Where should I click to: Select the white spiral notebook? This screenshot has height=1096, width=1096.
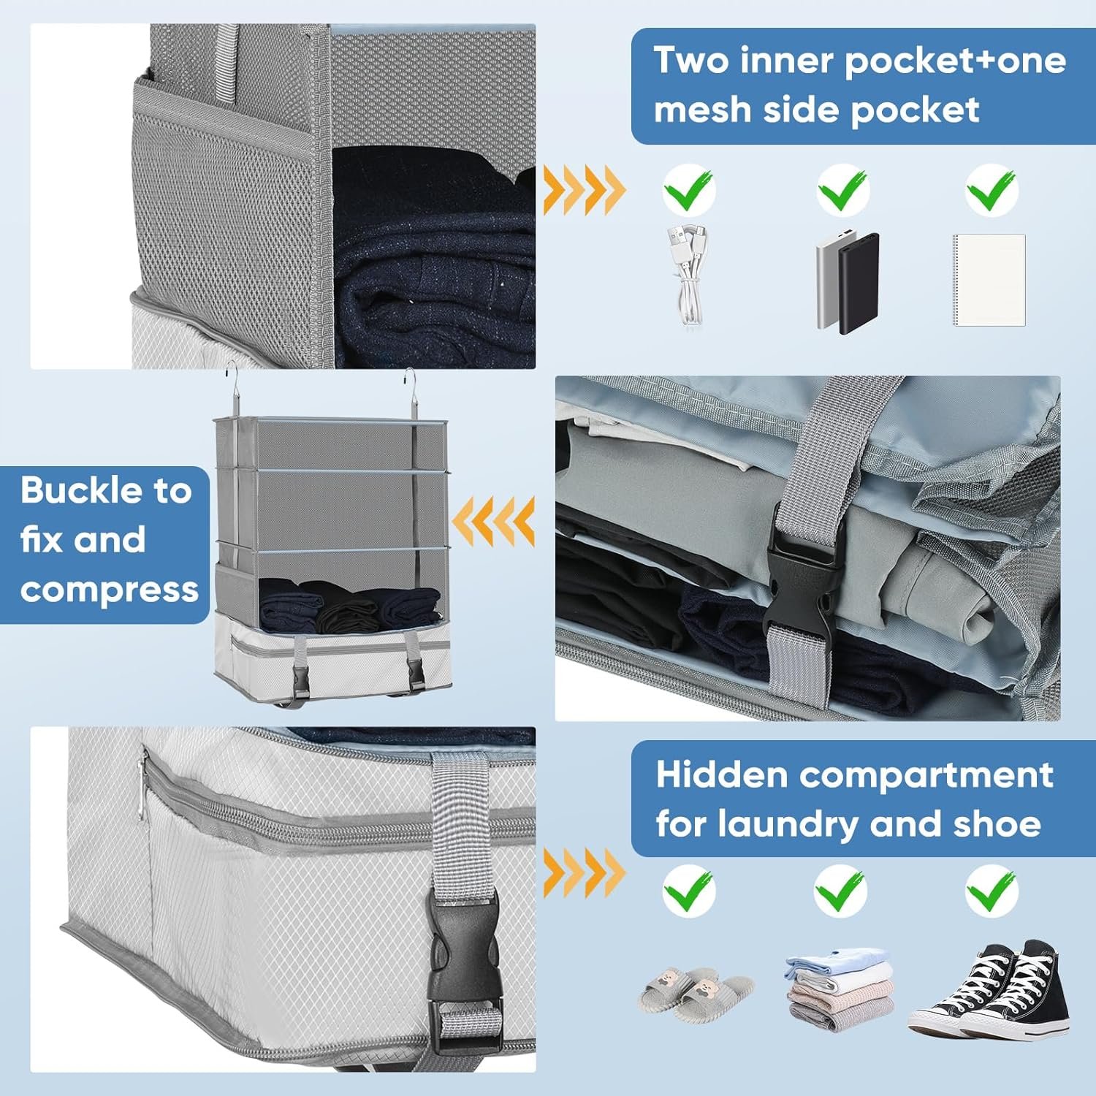[x=989, y=280]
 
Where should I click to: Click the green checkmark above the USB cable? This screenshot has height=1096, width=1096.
[x=688, y=190]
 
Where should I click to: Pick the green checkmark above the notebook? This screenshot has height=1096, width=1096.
[x=992, y=190]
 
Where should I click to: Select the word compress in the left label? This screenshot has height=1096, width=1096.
[x=110, y=589]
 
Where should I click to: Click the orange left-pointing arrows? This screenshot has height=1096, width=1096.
[x=493, y=522]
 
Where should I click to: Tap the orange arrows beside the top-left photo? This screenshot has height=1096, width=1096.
[x=584, y=190]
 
